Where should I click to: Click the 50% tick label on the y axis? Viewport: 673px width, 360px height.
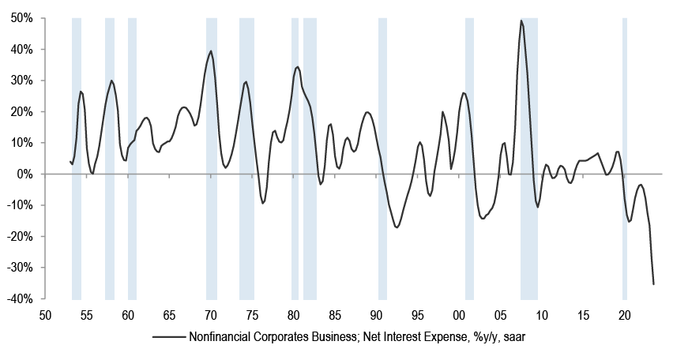click(x=21, y=17)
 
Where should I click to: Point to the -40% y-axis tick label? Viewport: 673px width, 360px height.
click(x=20, y=299)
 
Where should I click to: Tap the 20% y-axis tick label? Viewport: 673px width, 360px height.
click(x=21, y=111)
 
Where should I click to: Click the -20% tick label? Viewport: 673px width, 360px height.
click(x=20, y=236)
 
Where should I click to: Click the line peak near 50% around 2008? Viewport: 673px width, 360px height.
click(x=521, y=21)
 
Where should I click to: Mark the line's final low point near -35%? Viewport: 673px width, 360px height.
click(x=654, y=284)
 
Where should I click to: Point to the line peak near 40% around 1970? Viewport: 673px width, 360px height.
click(x=211, y=51)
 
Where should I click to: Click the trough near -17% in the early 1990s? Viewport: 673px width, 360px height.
click(x=397, y=227)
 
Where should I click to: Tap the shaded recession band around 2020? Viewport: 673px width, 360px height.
click(x=625, y=158)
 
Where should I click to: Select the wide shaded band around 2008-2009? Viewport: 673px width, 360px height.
click(x=529, y=158)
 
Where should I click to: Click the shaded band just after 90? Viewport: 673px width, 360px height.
click(x=382, y=158)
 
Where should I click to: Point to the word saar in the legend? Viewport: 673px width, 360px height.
click(x=524, y=337)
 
